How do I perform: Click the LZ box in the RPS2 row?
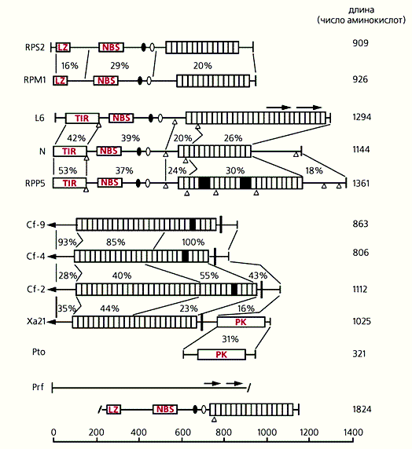coord(63,47)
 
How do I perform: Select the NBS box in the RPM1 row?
coord(106,81)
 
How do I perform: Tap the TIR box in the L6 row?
coord(82,118)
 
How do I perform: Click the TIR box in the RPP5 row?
coord(69,183)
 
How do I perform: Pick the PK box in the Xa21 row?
coord(241,322)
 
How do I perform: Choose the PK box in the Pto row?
coord(222,355)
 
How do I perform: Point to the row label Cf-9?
coord(35,224)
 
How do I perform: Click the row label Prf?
coord(38,387)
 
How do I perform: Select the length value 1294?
coord(362,117)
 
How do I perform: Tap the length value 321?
coord(359,354)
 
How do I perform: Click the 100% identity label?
coord(193,243)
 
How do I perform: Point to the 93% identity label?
coord(67,243)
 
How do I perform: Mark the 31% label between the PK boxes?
coord(230,339)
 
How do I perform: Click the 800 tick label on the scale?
coord(224,432)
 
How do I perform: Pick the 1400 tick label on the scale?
coord(352,432)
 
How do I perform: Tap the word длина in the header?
coord(361,10)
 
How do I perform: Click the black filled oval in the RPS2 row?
coord(143,47)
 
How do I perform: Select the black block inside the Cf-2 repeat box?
coord(234,290)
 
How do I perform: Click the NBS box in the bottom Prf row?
coord(165,409)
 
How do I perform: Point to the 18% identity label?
coord(314,170)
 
